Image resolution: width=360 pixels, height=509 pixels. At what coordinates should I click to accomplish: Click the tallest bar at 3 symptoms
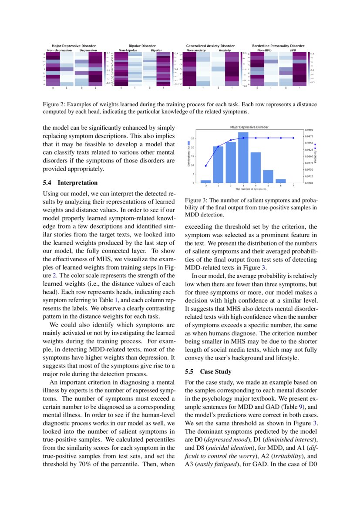click(243, 158)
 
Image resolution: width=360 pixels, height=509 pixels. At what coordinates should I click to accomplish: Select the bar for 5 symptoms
click(269, 176)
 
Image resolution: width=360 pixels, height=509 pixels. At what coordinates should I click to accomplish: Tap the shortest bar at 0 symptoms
click(205, 181)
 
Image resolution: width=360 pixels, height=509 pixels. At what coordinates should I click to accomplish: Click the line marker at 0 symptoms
click(205, 166)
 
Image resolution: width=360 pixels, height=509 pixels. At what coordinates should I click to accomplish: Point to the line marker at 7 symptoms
click(294, 138)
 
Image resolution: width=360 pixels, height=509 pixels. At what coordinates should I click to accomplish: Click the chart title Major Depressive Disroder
click(249, 127)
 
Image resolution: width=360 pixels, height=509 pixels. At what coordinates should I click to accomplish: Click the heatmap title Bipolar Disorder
click(142, 46)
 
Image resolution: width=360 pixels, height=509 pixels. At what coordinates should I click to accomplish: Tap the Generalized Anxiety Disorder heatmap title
click(210, 46)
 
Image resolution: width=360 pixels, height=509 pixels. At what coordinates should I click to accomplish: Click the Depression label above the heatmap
click(88, 50)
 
